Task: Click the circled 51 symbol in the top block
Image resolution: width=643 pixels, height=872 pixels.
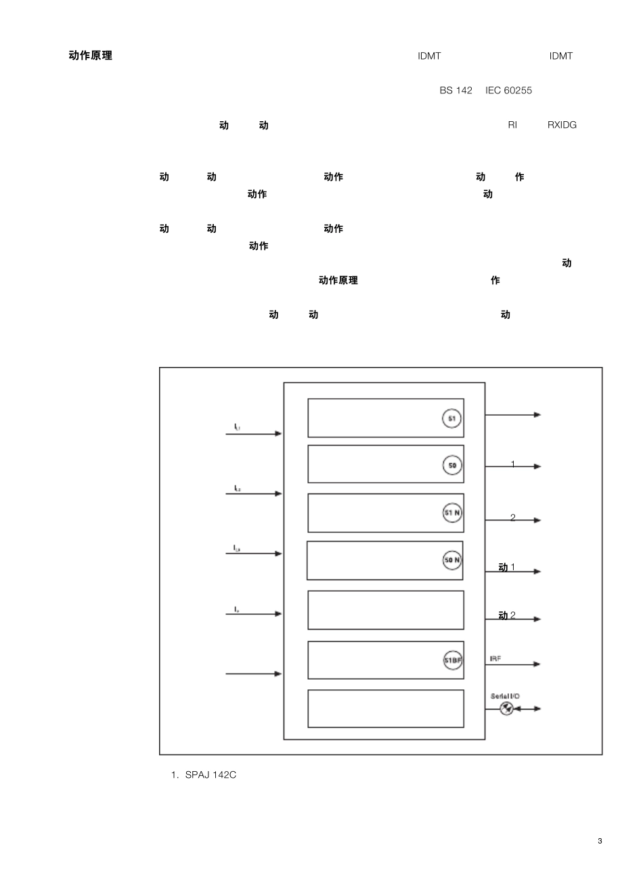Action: point(451,418)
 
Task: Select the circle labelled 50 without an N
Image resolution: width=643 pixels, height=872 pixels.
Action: point(452,465)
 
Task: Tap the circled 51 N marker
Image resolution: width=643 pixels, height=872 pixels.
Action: point(452,513)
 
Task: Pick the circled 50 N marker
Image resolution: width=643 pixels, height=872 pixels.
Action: point(452,560)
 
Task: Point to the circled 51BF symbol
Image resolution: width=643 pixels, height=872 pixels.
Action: point(453,659)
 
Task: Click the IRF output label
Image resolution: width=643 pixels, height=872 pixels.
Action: point(495,659)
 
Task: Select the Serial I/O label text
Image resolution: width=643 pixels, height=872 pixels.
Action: point(505,696)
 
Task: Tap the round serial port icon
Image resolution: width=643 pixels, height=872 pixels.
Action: point(506,709)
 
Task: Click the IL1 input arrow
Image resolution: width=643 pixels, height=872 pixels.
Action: point(253,433)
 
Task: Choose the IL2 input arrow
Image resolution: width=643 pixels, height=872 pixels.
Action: point(253,494)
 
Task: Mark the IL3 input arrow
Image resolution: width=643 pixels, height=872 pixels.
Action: point(253,554)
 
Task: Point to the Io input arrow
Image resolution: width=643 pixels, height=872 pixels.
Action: point(253,614)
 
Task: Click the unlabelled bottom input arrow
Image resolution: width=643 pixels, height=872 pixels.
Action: point(253,674)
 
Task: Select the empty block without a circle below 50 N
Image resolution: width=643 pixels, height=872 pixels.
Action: point(386,610)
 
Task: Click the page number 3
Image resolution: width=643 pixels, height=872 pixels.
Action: point(600,841)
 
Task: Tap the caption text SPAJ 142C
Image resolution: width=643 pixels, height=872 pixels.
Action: point(210,775)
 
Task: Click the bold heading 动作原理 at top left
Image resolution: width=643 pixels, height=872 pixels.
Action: point(91,56)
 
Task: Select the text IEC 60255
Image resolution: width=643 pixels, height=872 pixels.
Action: point(508,91)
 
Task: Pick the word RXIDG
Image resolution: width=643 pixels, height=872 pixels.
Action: point(562,125)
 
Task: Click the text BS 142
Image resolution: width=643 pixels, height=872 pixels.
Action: point(456,91)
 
